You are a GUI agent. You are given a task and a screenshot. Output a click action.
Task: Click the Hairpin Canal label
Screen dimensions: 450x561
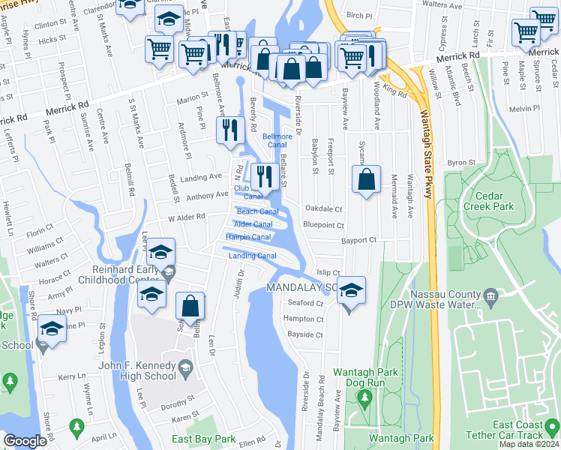tap(248, 238)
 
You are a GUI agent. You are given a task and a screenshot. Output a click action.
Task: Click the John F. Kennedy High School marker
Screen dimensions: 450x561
tap(186, 367)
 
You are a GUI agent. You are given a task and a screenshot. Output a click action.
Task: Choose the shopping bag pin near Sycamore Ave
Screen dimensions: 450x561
tap(366, 180)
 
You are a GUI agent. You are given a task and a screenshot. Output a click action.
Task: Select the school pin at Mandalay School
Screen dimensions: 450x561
tap(351, 291)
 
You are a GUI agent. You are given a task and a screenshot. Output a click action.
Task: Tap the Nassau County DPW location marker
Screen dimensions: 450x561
tap(490, 294)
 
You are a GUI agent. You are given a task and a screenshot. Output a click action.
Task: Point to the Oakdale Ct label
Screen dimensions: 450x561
tap(323, 209)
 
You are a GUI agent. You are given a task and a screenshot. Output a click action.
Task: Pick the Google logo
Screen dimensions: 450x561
tap(25, 441)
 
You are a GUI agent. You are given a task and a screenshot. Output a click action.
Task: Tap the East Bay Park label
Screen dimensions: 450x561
tap(203, 439)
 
